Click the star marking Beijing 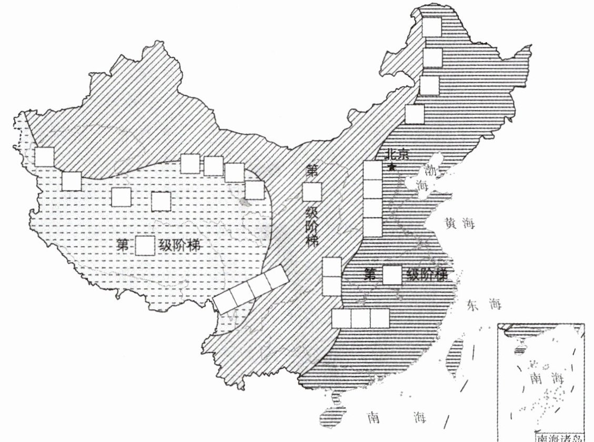(391, 167)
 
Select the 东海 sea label (484, 304)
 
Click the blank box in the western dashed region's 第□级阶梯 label (145, 246)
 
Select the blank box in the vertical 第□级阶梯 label (312, 192)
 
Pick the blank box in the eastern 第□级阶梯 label (392, 275)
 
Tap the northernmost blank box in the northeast (432, 27)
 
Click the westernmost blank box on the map (45, 157)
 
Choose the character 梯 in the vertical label (313, 242)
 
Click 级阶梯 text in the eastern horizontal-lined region (427, 275)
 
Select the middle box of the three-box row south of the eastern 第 (360, 318)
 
